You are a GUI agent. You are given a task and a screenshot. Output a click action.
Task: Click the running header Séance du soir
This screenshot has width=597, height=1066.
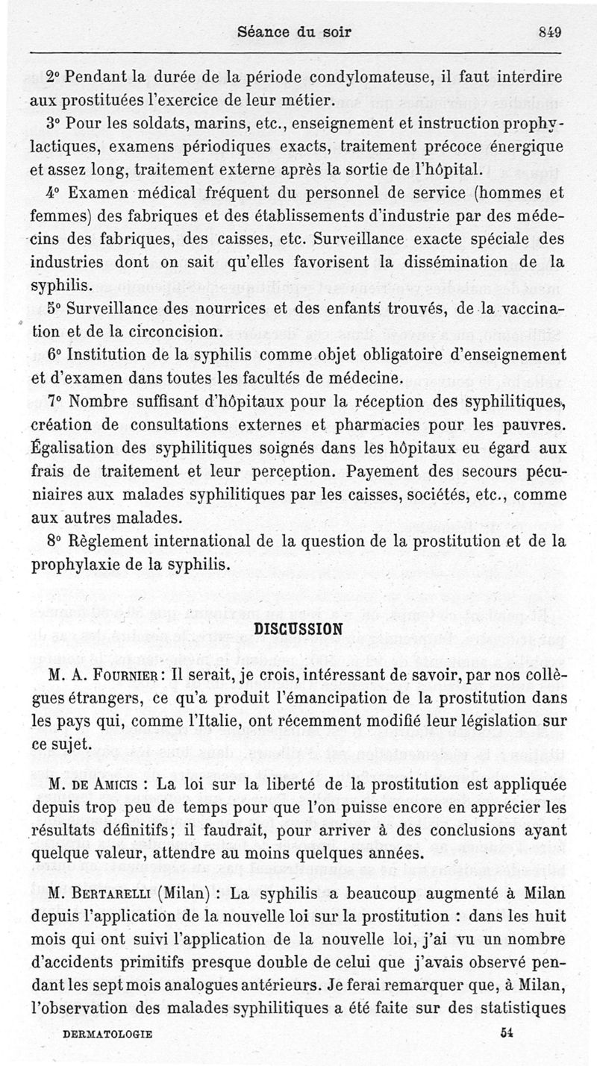coord(293,33)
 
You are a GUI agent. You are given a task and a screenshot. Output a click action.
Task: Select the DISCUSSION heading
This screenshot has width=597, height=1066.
coord(298,627)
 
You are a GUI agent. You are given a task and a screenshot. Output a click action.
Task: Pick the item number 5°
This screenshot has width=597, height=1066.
coord(54,308)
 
